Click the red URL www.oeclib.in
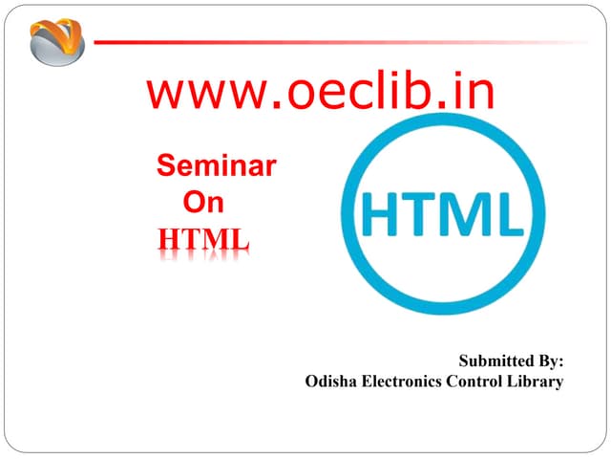tap(321, 93)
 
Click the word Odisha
tap(330, 382)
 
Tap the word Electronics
tap(401, 382)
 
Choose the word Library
tap(537, 382)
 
